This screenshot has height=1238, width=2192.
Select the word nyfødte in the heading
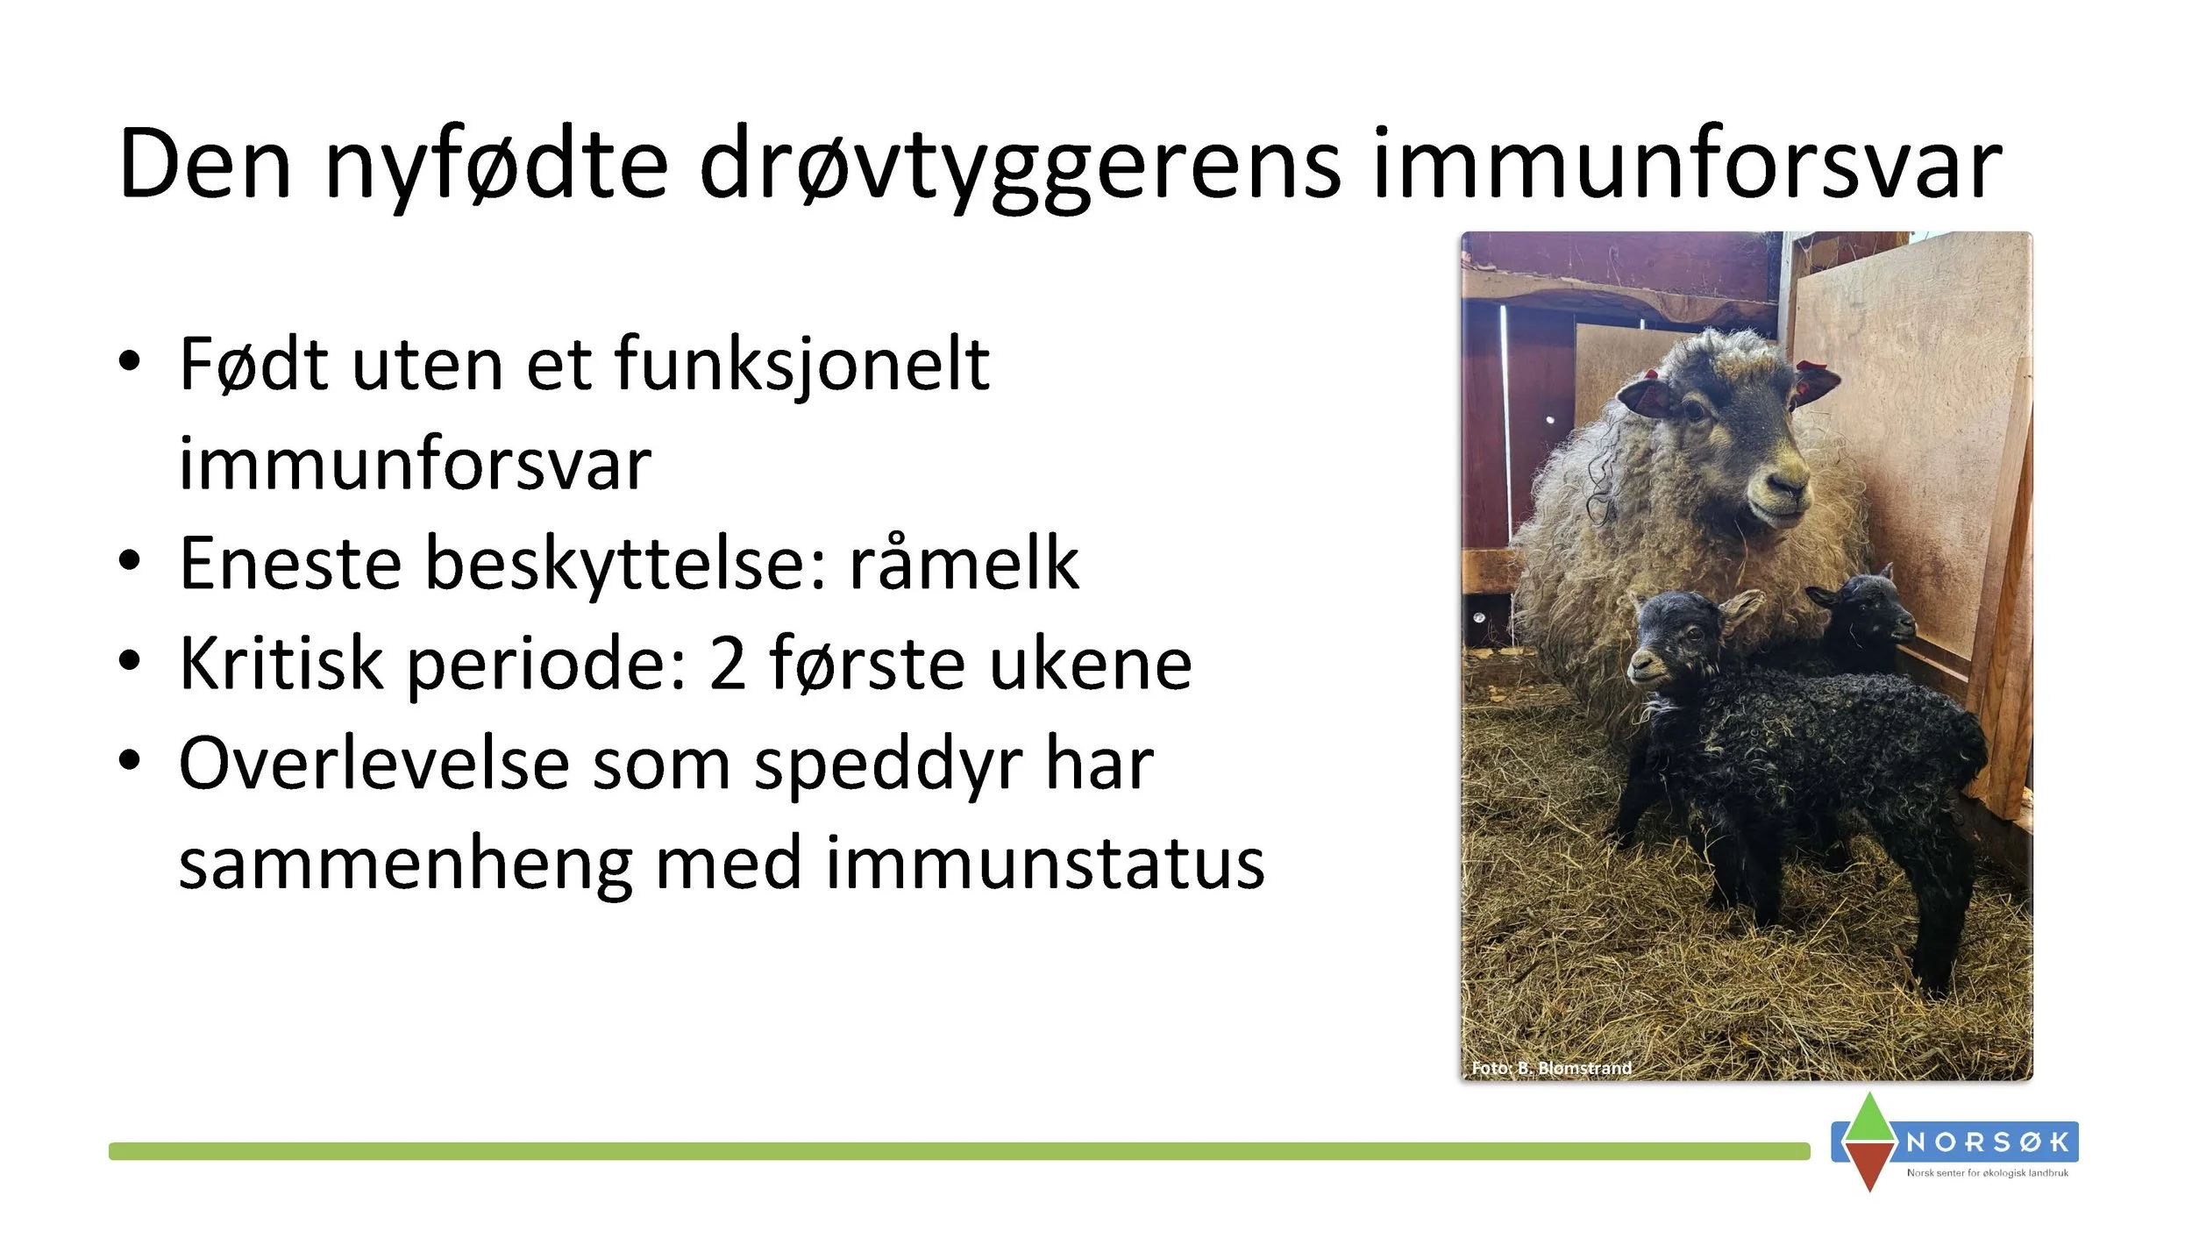coord(496,167)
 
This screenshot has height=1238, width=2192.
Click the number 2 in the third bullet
coord(727,665)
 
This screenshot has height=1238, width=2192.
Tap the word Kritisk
coord(281,665)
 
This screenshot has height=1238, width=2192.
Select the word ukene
coord(1091,665)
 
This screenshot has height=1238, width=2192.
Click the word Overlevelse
coord(374,765)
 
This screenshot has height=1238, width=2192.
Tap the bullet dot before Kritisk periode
coord(130,661)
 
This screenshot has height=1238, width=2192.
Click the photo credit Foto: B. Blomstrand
coord(1551,1068)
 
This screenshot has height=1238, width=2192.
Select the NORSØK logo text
coord(1988,1142)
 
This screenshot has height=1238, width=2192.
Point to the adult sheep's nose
coord(1789,482)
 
